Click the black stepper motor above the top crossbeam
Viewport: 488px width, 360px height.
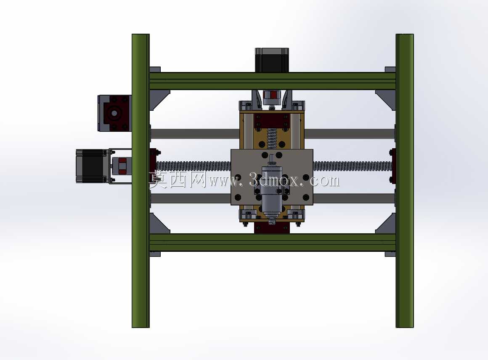point(272,60)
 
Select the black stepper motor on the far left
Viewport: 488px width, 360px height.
point(92,166)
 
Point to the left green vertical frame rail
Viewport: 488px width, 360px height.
point(141,181)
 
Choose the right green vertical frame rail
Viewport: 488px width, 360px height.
point(405,181)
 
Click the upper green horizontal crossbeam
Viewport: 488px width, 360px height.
point(273,81)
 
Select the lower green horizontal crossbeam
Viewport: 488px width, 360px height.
point(273,242)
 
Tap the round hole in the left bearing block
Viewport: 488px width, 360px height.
point(114,113)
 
